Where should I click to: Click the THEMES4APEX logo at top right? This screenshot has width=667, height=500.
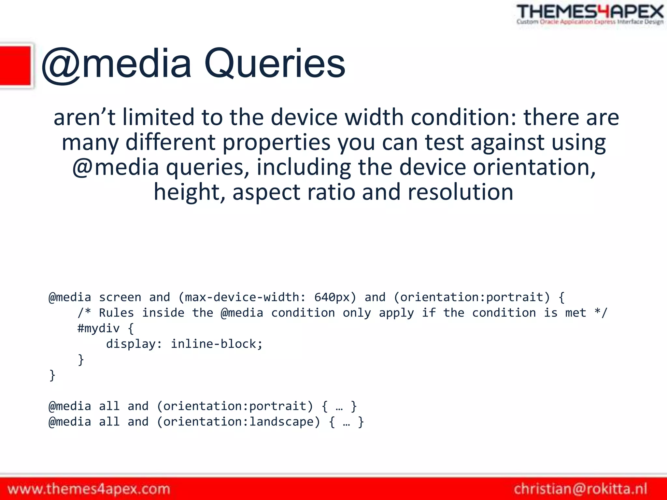point(590,14)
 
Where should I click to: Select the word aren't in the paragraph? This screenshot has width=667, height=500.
point(84,117)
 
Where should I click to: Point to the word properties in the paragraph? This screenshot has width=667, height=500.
point(276,143)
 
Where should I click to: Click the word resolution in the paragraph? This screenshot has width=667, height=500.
point(461,192)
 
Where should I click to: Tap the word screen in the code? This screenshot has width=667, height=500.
point(120,297)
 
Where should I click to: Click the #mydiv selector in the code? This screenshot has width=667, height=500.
point(98,328)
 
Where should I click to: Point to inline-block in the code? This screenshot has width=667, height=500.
point(217,344)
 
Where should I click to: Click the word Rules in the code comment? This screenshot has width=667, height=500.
point(116,313)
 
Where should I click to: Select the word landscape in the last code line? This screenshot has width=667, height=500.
point(281,422)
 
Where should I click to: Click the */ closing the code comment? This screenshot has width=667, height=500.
point(601,313)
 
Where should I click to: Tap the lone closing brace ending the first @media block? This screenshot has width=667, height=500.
point(52,375)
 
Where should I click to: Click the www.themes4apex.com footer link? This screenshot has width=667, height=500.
point(89,489)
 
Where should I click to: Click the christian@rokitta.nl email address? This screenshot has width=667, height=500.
point(580,489)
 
